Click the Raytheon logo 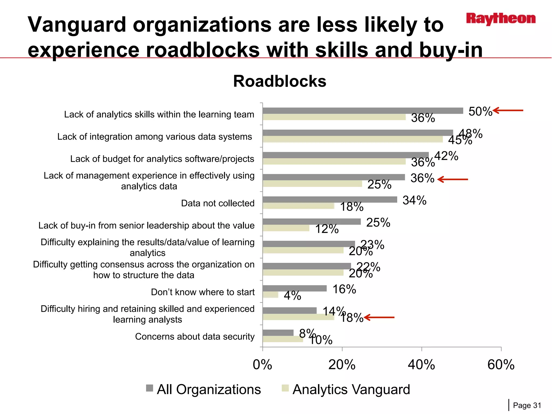(501, 19)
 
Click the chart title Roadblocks (280, 81)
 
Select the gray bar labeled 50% (363, 111)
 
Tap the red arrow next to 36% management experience (453, 179)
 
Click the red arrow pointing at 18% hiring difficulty (379, 318)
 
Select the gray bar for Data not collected (330, 199)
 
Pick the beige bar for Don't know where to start (270, 295)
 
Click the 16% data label (344, 289)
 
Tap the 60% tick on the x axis (501, 365)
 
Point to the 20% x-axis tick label (342, 365)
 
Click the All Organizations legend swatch (150, 388)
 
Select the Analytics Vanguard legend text (351, 389)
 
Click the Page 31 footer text (527, 405)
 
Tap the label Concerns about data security (195, 336)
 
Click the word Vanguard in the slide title (77, 25)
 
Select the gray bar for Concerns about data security (278, 333)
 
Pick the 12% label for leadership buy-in (327, 229)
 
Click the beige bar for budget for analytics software (334, 161)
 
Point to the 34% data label (414, 200)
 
